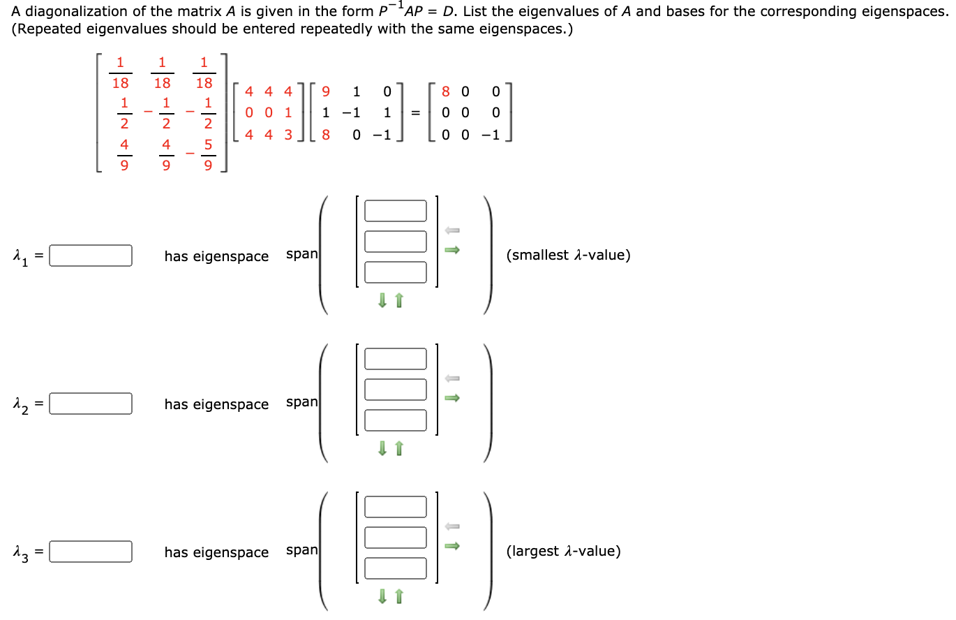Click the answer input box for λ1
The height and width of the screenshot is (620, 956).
tap(91, 256)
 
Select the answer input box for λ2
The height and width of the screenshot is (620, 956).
tap(91, 404)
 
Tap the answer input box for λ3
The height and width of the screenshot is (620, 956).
tap(91, 552)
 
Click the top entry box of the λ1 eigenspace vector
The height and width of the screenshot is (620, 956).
tap(395, 211)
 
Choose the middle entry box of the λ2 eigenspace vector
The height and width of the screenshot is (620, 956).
tap(395, 390)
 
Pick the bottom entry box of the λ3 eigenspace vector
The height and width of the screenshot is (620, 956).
tap(395, 568)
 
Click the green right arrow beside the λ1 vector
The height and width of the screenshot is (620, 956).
tap(452, 250)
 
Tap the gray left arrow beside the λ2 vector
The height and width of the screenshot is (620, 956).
tap(452, 378)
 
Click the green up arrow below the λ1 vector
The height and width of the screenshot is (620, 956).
tap(399, 300)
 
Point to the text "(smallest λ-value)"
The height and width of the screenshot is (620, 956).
tap(569, 256)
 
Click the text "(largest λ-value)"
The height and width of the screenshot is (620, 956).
tap(564, 552)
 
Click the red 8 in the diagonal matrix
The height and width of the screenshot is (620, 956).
tap(447, 91)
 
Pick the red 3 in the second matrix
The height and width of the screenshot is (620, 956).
tap(287, 135)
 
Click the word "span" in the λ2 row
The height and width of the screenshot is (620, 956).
tap(301, 402)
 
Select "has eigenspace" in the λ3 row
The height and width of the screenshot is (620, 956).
tap(216, 552)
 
